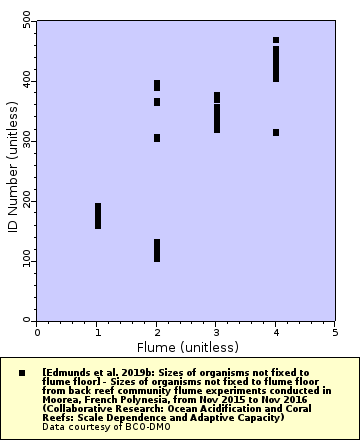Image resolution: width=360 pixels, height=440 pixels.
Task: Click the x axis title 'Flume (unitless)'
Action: coord(186,346)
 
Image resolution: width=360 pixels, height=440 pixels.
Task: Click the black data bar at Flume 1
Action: coord(97,215)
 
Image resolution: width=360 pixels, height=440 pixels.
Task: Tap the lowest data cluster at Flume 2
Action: coord(157,250)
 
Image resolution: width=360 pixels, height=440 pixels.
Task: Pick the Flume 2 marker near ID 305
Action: coord(157,138)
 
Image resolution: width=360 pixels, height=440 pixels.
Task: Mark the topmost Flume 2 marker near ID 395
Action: coord(157,85)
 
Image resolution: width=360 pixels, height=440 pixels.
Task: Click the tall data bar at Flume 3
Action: coord(216,112)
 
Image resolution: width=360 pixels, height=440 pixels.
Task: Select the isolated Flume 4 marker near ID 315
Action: coord(276,132)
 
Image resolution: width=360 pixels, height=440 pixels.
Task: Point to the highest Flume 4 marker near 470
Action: coord(276,40)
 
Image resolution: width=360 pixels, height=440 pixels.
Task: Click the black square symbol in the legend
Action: coord(21,372)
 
